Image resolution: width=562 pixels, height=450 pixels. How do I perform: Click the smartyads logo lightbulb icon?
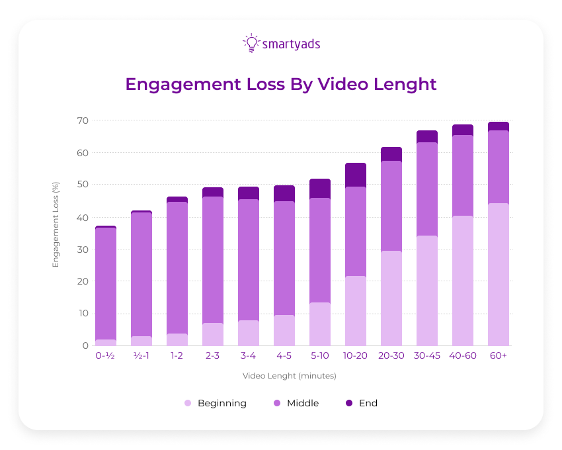tap(251, 44)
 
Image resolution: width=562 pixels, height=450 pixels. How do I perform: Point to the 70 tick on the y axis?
tap(82, 120)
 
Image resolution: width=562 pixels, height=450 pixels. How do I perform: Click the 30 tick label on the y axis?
tap(82, 249)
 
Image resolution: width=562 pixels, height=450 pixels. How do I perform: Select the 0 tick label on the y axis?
tap(85, 345)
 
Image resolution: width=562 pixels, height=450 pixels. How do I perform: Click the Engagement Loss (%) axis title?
tap(56, 224)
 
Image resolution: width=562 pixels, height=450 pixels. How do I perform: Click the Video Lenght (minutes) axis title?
tap(290, 376)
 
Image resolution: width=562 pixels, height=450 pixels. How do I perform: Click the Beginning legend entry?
tap(221, 403)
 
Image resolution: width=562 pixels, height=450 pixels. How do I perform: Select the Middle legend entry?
tap(303, 403)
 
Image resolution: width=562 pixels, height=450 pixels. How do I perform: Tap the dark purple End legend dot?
tap(349, 403)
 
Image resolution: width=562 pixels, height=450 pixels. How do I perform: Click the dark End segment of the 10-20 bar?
tap(356, 175)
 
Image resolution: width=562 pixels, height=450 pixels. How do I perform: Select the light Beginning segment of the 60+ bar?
tap(499, 274)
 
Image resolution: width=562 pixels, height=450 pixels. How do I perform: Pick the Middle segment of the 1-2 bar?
tap(177, 267)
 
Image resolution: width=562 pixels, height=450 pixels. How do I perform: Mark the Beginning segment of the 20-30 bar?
tap(391, 298)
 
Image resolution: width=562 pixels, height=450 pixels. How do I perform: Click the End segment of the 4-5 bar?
tap(284, 193)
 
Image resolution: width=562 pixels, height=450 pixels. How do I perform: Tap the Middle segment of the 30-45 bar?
tap(427, 189)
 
